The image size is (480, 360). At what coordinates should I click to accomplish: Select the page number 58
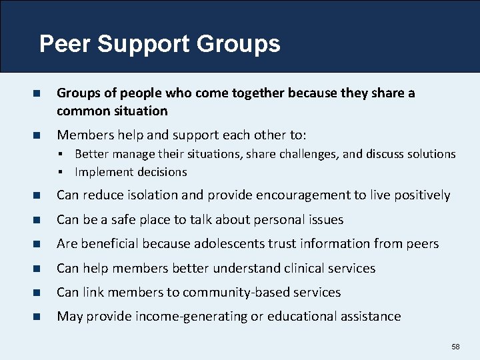point(456,347)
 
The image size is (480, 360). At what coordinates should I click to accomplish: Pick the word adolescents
point(225,244)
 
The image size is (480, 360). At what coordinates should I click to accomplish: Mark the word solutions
point(430,154)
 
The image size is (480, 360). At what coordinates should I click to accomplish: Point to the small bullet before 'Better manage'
point(60,154)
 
